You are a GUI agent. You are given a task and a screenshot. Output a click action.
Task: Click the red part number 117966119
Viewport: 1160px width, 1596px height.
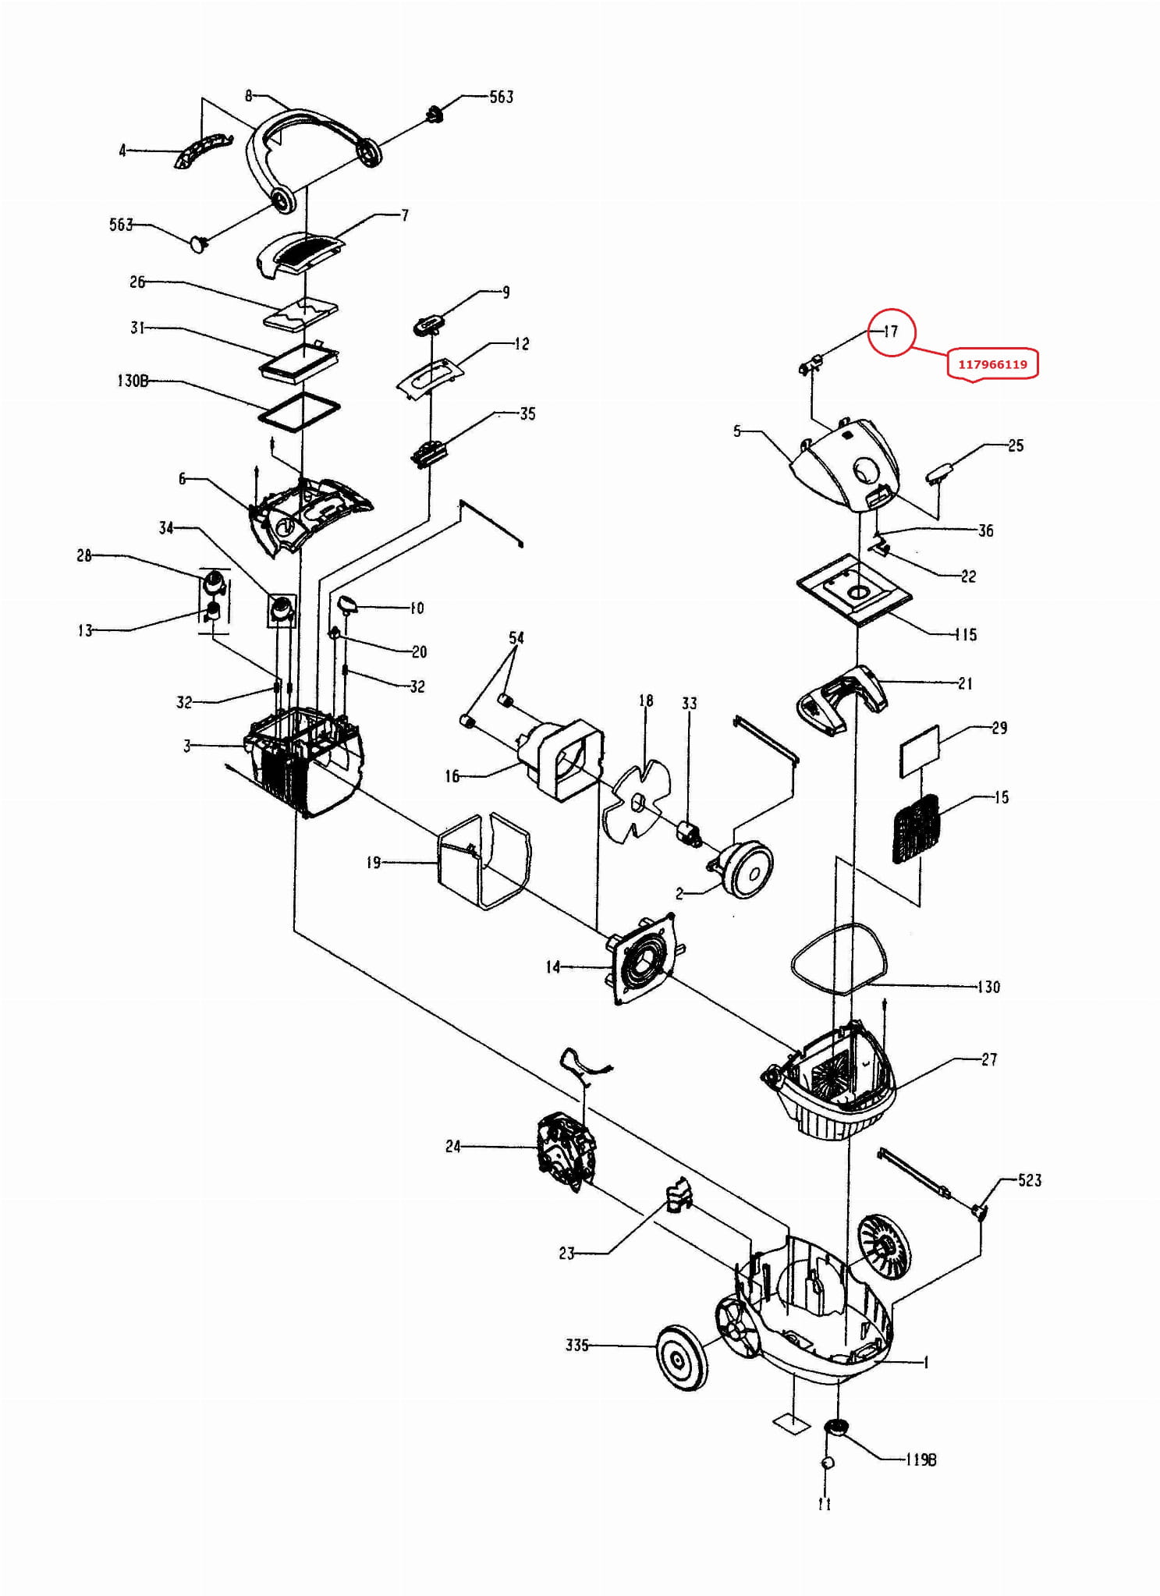[992, 364]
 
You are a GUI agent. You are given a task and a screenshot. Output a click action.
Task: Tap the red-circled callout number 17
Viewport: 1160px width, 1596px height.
[890, 331]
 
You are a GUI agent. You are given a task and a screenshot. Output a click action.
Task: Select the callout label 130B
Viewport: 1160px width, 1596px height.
[133, 381]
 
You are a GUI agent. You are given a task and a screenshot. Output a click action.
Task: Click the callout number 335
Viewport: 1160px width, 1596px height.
[576, 1345]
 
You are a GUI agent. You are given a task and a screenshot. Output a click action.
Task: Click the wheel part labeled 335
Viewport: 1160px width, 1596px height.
[683, 1357]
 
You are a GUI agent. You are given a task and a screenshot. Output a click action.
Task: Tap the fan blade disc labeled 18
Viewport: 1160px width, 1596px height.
[637, 803]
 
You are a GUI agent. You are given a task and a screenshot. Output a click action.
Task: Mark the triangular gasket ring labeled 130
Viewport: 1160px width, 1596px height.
[839, 959]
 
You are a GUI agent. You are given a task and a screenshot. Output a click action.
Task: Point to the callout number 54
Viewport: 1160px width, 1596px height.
[516, 637]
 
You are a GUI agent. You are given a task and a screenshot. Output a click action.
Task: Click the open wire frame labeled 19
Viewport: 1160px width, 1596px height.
[484, 861]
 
